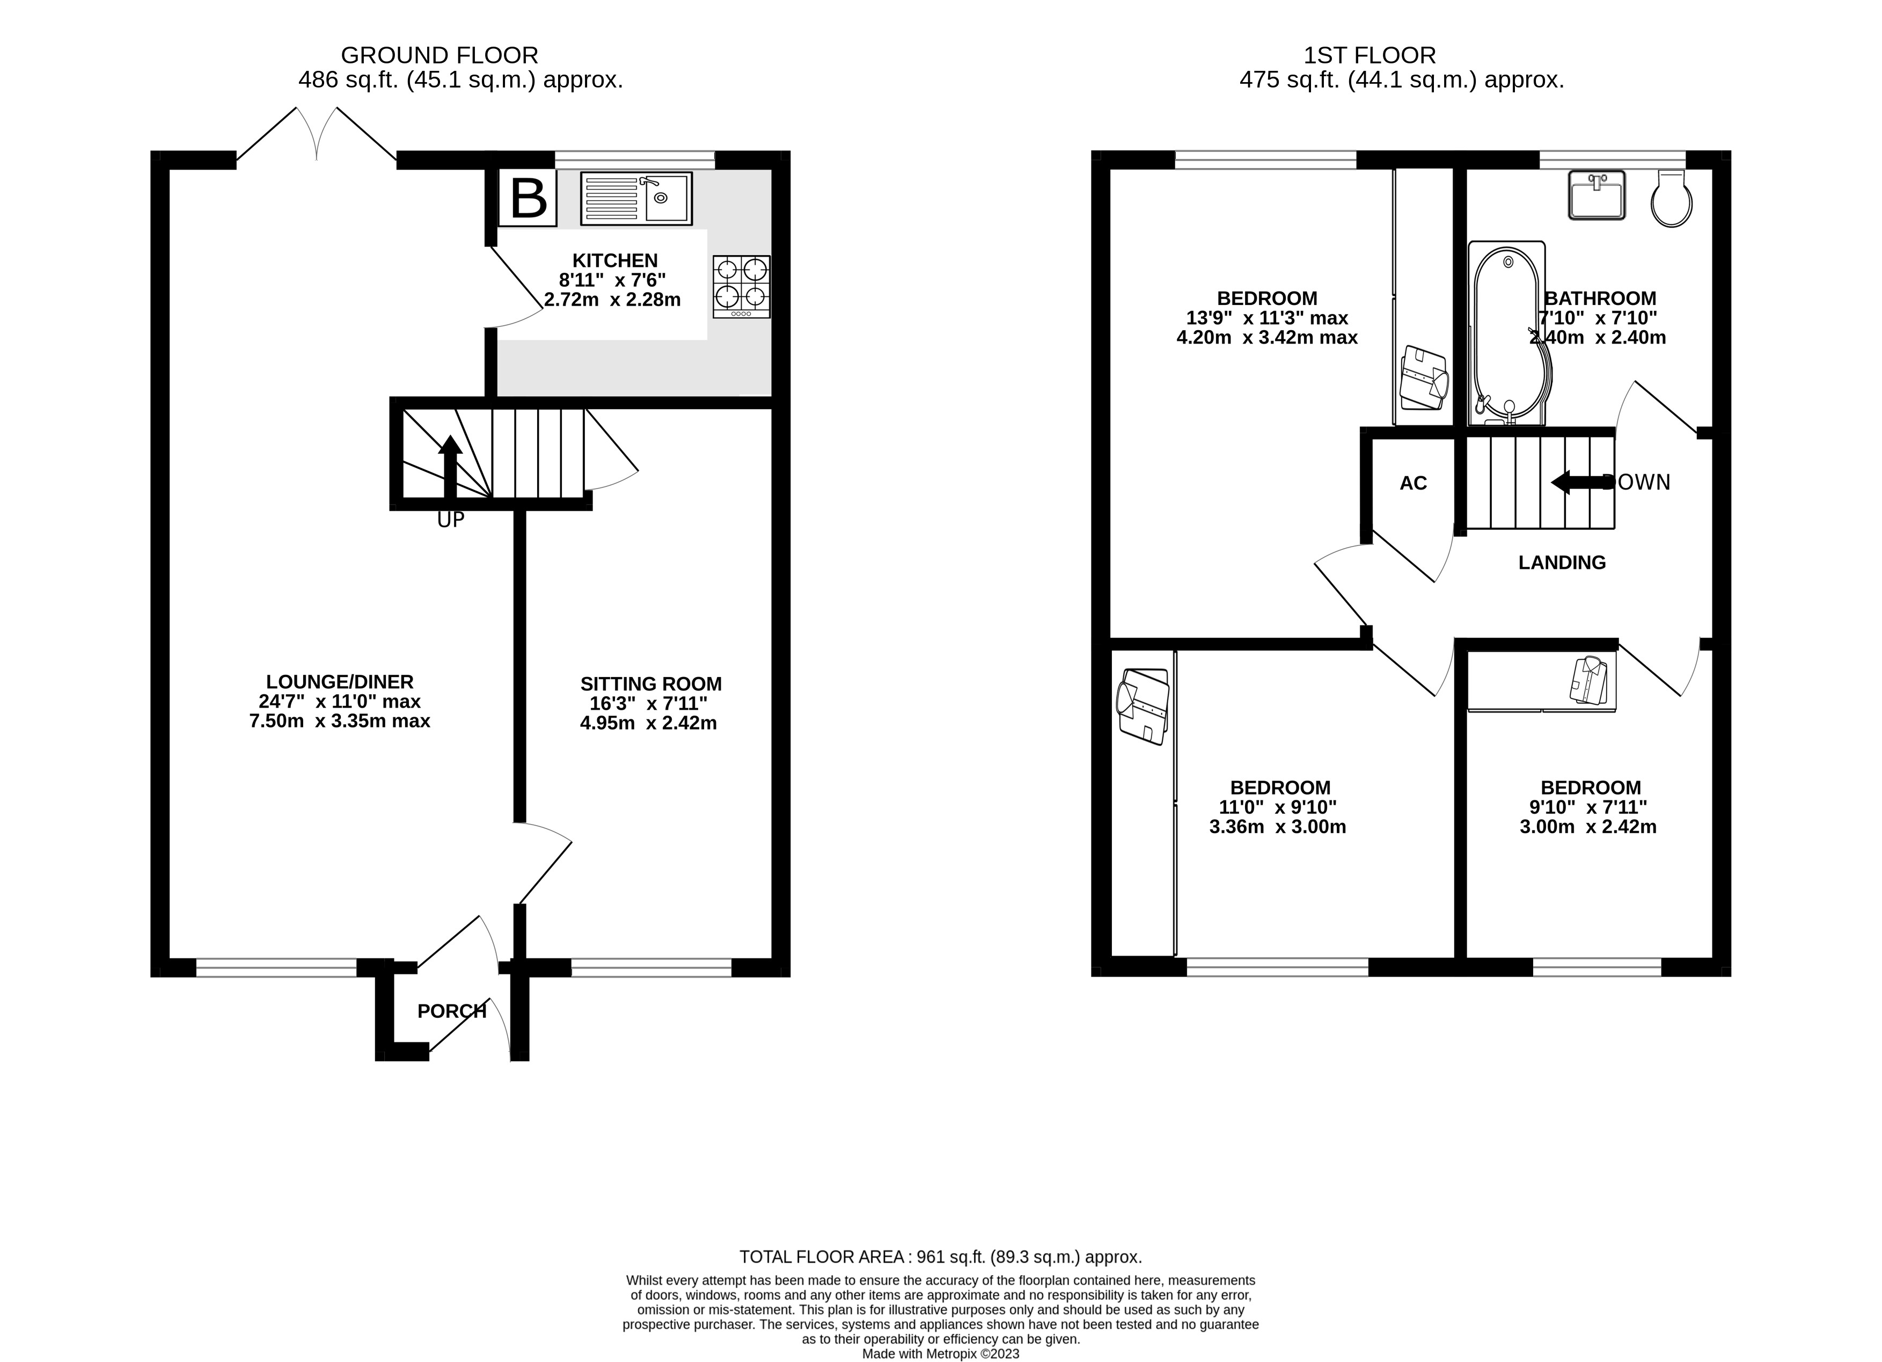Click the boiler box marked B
coord(528,198)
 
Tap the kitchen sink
coord(636,198)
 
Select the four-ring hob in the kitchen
coord(741,286)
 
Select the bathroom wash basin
coord(1597,195)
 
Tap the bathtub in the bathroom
coord(1508,333)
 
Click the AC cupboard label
coord(1413,483)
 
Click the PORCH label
coord(451,1011)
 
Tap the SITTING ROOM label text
coord(650,684)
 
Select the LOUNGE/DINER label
coord(339,681)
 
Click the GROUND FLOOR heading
coord(440,56)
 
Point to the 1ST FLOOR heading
coord(1369,56)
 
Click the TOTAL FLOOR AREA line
coord(941,1257)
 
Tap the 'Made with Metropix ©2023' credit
coord(941,1354)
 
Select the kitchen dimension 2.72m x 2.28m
coord(612,300)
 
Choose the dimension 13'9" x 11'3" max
coord(1267,318)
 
